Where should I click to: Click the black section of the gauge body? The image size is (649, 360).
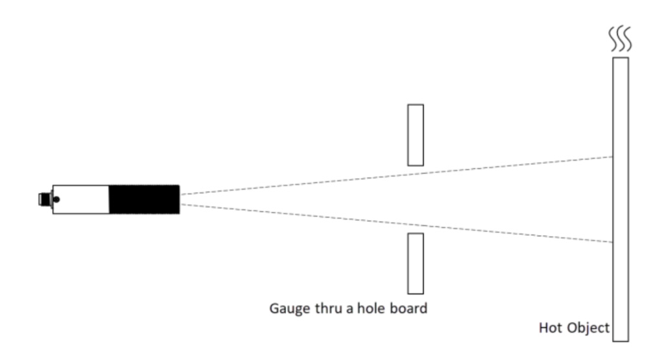coord(144,199)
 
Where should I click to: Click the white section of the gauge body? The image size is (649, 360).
coord(81,199)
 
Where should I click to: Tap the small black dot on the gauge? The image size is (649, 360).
coord(56,199)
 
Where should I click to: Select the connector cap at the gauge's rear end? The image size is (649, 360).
coord(45,199)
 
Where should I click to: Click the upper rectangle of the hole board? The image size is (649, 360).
coord(415,135)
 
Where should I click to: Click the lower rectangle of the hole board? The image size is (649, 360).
coord(415,264)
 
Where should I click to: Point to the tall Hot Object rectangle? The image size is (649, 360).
coord(621,199)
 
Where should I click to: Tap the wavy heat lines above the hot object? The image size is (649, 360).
coord(620,39)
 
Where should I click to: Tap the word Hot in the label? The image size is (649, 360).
coord(549,328)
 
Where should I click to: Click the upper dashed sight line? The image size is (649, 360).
coord(397,175)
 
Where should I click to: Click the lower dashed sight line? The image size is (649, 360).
coord(397,223)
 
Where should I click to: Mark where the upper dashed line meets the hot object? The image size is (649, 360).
coord(613,157)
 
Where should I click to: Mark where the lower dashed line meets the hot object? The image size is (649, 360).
coord(613,242)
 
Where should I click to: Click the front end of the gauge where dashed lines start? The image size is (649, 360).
coord(180,199)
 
